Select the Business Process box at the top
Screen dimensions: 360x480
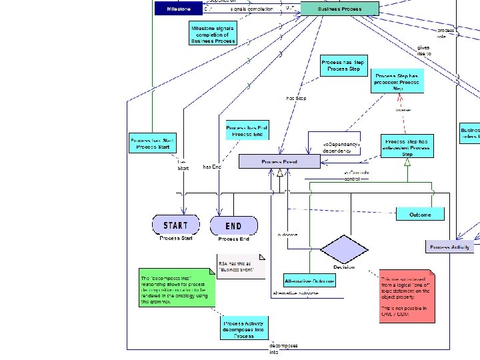[339, 9]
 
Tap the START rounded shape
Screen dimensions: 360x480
[176, 225]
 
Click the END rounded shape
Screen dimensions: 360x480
[234, 226]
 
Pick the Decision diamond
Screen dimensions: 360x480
[344, 250]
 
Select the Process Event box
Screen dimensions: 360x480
[279, 161]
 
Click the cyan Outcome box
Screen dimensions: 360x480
[420, 214]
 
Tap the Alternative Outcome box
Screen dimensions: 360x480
[309, 281]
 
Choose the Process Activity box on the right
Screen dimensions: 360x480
[450, 247]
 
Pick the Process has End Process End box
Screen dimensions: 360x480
[248, 131]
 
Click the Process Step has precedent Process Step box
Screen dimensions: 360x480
[397, 82]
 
